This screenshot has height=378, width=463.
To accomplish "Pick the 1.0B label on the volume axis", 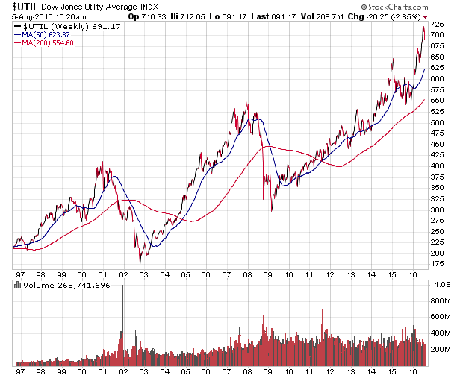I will (x=441, y=285).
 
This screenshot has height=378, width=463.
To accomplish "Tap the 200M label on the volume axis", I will (x=441, y=349).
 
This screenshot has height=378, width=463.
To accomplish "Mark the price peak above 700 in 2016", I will (x=423, y=28).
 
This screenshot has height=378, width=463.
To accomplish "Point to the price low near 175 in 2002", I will (x=140, y=263).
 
